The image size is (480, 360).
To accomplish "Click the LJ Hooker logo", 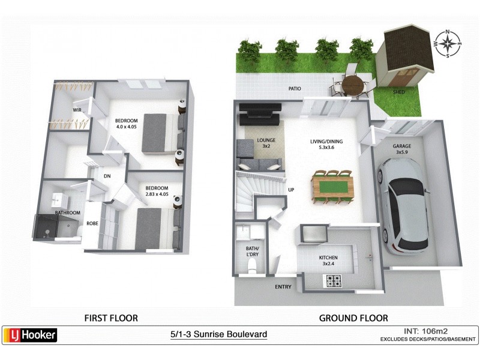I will click(x=31, y=335).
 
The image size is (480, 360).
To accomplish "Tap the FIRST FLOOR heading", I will click(x=111, y=317).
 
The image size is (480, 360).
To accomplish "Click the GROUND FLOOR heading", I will click(x=353, y=317).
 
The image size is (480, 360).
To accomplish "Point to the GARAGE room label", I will click(x=402, y=146).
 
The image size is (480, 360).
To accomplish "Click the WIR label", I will click(x=77, y=110).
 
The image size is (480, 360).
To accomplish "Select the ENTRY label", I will click(x=283, y=287).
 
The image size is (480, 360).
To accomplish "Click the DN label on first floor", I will click(x=107, y=176).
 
